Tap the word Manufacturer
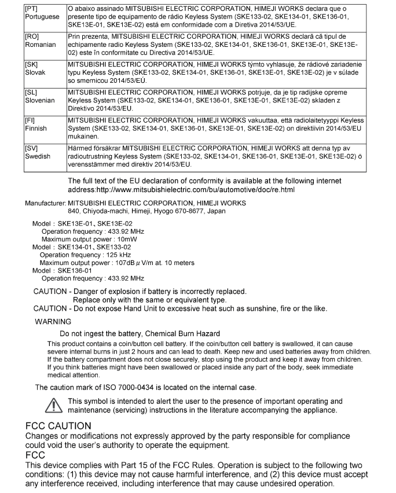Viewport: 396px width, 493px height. [45, 203]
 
